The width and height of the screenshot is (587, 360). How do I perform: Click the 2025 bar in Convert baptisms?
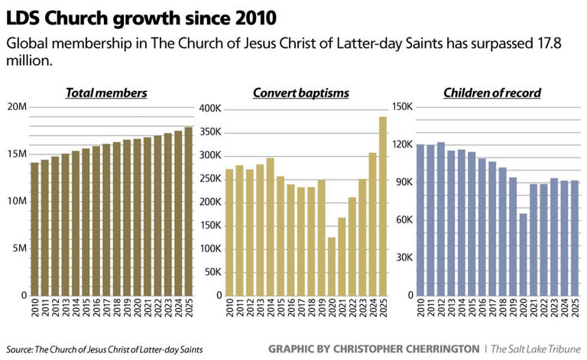(383, 206)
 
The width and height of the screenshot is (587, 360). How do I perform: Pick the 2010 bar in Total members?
(34, 229)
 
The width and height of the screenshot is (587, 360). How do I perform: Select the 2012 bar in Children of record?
(440, 219)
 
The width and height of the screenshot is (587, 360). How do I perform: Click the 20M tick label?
(16, 106)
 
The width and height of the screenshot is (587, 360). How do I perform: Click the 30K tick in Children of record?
(404, 258)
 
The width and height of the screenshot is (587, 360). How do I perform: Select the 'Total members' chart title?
(106, 92)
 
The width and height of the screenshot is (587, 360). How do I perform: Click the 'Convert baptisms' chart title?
(300, 92)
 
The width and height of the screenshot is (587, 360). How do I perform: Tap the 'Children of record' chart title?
(492, 92)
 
